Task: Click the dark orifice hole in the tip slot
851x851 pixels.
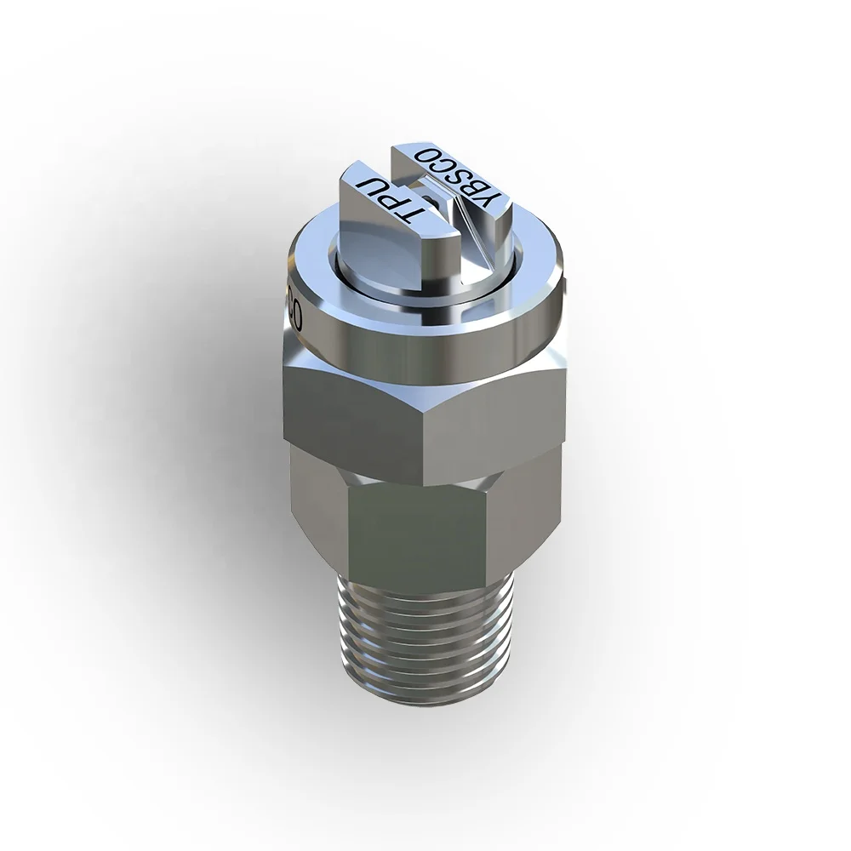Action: click(433, 201)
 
